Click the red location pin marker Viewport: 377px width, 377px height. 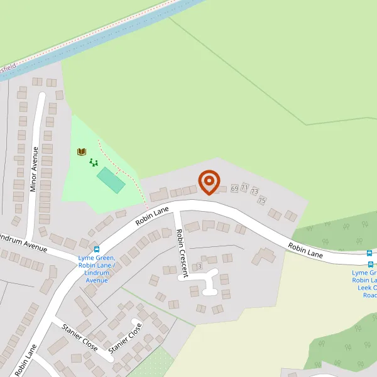coord(209,182)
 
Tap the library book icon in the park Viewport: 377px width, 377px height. coord(81,151)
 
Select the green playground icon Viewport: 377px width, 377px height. coord(94,162)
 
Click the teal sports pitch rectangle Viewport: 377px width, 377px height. coord(111,180)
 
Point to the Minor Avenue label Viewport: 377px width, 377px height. coord(35,168)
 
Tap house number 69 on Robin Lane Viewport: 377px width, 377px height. coord(234,188)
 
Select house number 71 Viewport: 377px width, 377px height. coord(244,188)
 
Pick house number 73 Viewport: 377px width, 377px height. coord(254,191)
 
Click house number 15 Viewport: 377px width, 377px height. coord(262,200)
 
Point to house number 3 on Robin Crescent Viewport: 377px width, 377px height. coord(199,266)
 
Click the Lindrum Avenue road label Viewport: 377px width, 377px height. coord(23,243)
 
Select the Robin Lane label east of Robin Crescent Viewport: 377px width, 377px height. coord(305,251)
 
